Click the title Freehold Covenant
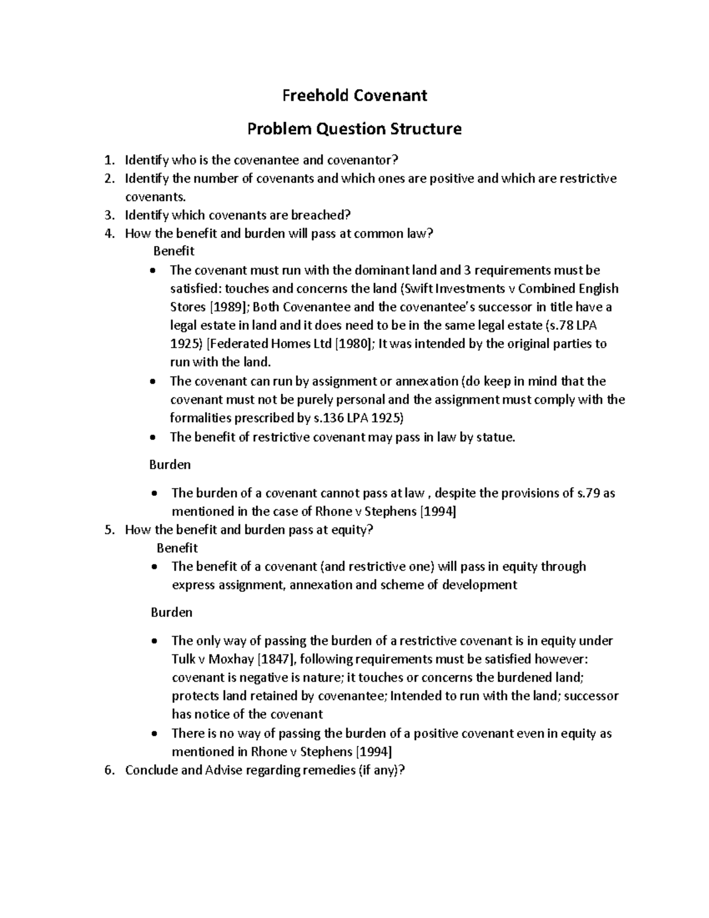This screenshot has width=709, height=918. pyautogui.click(x=354, y=95)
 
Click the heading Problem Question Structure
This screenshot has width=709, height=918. pyautogui.click(x=354, y=128)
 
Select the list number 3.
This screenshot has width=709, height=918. pyautogui.click(x=108, y=215)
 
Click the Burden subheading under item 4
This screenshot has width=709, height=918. pyautogui.click(x=170, y=465)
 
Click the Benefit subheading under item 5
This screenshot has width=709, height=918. pyautogui.click(x=177, y=548)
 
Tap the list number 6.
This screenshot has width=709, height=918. pyautogui.click(x=108, y=770)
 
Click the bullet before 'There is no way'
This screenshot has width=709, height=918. pyautogui.click(x=154, y=734)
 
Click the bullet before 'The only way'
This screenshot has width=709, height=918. pyautogui.click(x=154, y=641)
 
